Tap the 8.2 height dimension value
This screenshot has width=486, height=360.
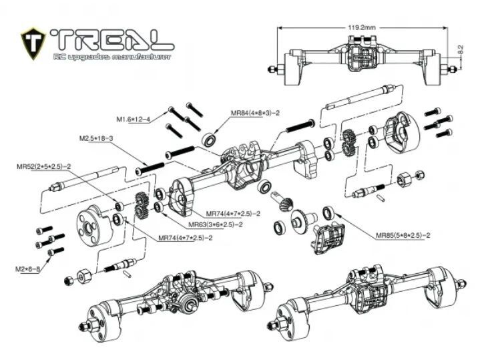[460, 50]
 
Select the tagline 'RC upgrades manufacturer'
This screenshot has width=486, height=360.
[111, 57]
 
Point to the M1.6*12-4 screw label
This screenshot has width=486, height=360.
[134, 119]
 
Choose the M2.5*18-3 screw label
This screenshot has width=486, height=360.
[97, 138]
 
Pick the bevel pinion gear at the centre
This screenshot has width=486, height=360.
[284, 200]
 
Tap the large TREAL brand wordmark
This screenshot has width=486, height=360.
[111, 39]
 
